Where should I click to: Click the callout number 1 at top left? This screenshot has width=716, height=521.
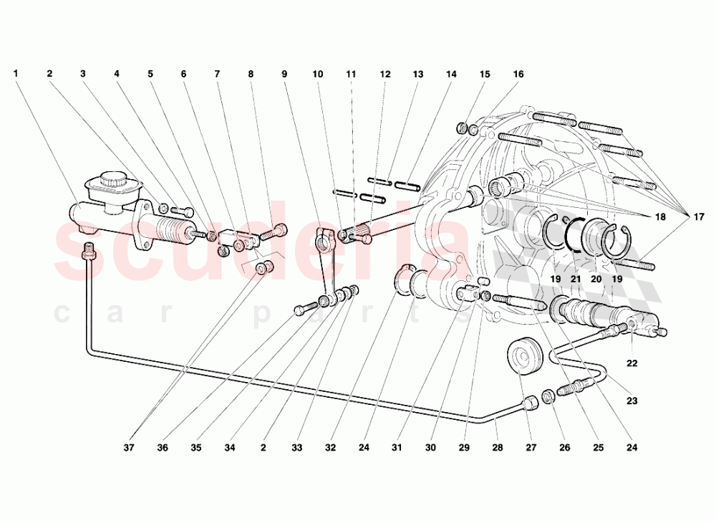(x=16, y=73)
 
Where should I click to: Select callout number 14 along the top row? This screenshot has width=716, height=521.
(x=451, y=74)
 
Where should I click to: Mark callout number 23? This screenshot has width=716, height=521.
(x=632, y=401)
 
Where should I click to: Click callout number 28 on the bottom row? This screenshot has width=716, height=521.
(x=498, y=448)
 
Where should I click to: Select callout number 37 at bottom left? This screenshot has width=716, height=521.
(x=129, y=448)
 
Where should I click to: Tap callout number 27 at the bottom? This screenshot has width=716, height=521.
(x=531, y=448)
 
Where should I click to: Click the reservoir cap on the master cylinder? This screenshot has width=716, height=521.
(x=113, y=179)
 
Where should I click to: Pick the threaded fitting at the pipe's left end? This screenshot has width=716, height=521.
(x=89, y=252)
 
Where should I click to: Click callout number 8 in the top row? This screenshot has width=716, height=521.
(x=251, y=74)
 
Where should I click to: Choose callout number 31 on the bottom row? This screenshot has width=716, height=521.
(x=397, y=448)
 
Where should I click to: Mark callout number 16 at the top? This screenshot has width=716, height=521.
(x=518, y=74)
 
